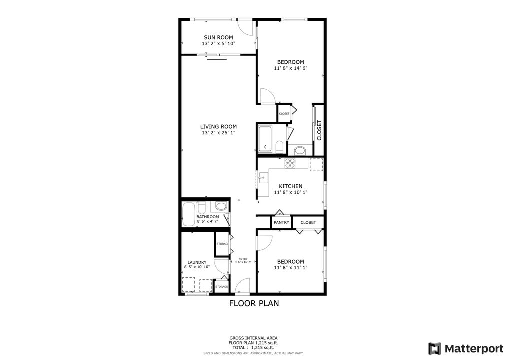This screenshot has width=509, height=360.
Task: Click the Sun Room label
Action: (x=218, y=37)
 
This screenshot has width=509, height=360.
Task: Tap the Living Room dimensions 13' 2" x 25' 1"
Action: (x=218, y=133)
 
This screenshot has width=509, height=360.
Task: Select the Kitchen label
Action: (x=290, y=186)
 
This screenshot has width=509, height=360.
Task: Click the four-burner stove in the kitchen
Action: (x=290, y=163)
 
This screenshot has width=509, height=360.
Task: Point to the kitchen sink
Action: (x=262, y=177)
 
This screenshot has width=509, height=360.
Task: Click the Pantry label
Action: (x=281, y=222)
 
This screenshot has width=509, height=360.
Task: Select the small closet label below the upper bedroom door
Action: (x=284, y=113)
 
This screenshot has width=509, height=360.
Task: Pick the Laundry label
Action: (x=197, y=262)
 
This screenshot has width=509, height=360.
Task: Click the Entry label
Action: (x=243, y=259)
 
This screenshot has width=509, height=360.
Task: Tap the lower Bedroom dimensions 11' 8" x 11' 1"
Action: (x=290, y=267)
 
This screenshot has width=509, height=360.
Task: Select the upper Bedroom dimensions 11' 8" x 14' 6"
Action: (x=290, y=68)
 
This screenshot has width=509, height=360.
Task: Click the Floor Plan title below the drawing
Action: (x=254, y=303)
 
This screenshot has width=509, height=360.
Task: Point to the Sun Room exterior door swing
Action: (x=244, y=27)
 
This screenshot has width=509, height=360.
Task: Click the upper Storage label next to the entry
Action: (x=222, y=244)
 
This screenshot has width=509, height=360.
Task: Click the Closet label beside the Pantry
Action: (x=308, y=222)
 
